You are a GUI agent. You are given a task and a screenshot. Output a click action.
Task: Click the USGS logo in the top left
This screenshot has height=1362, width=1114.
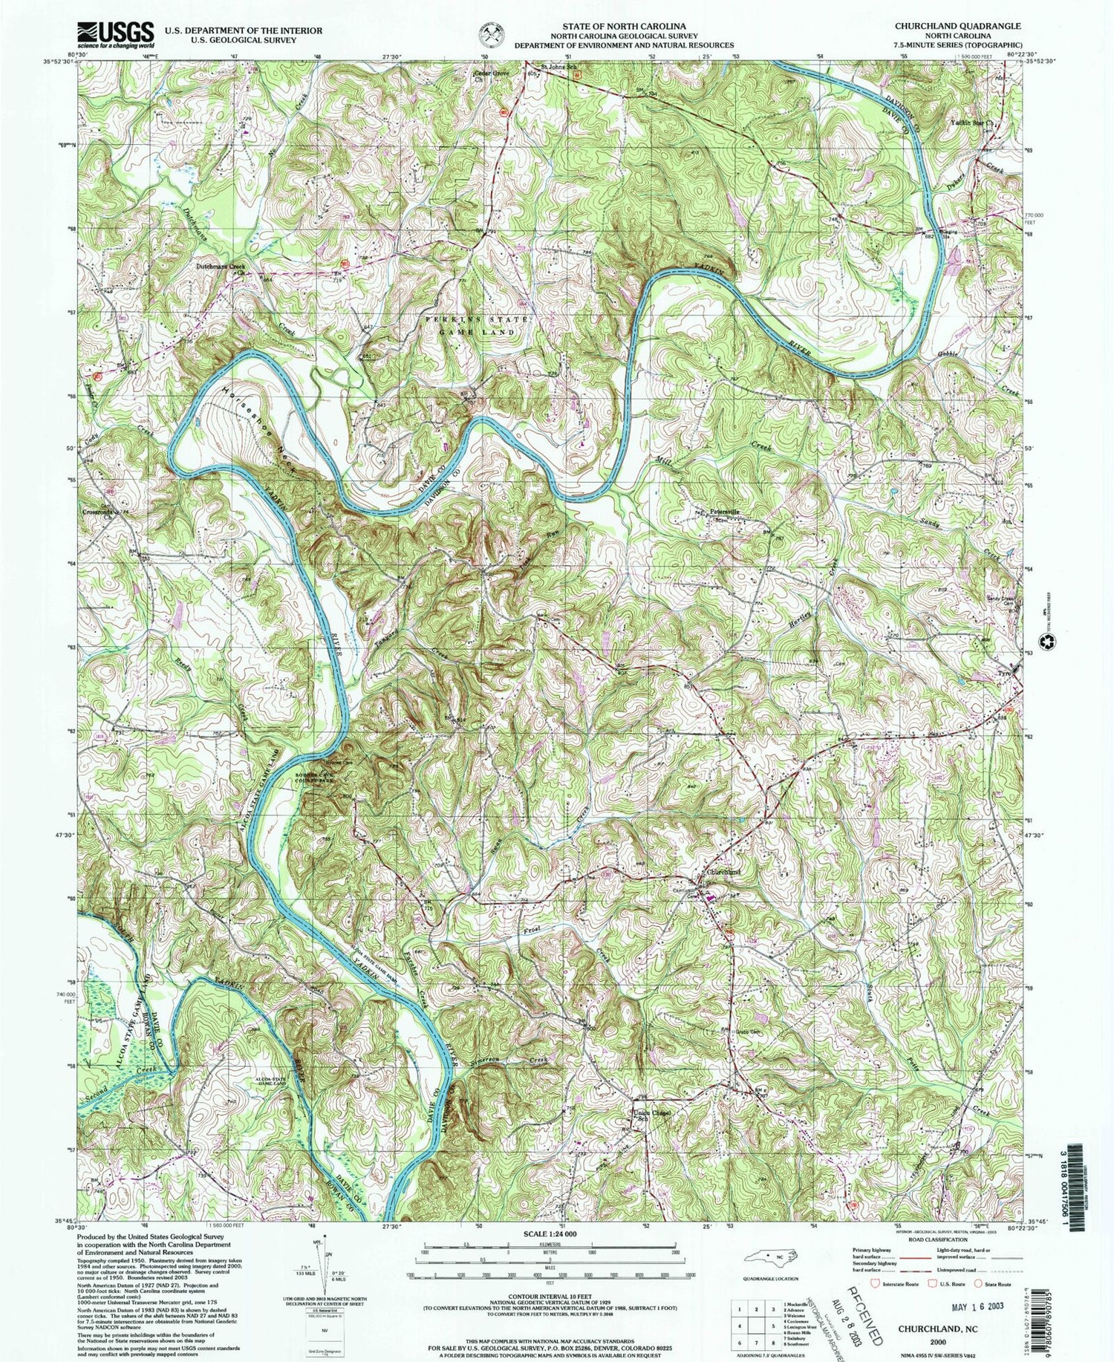click(x=115, y=34)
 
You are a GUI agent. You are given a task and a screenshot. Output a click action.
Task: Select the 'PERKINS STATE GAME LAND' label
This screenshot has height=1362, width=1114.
click(x=478, y=325)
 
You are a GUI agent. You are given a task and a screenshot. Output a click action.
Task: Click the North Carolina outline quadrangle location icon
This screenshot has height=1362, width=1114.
click(x=769, y=1257)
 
